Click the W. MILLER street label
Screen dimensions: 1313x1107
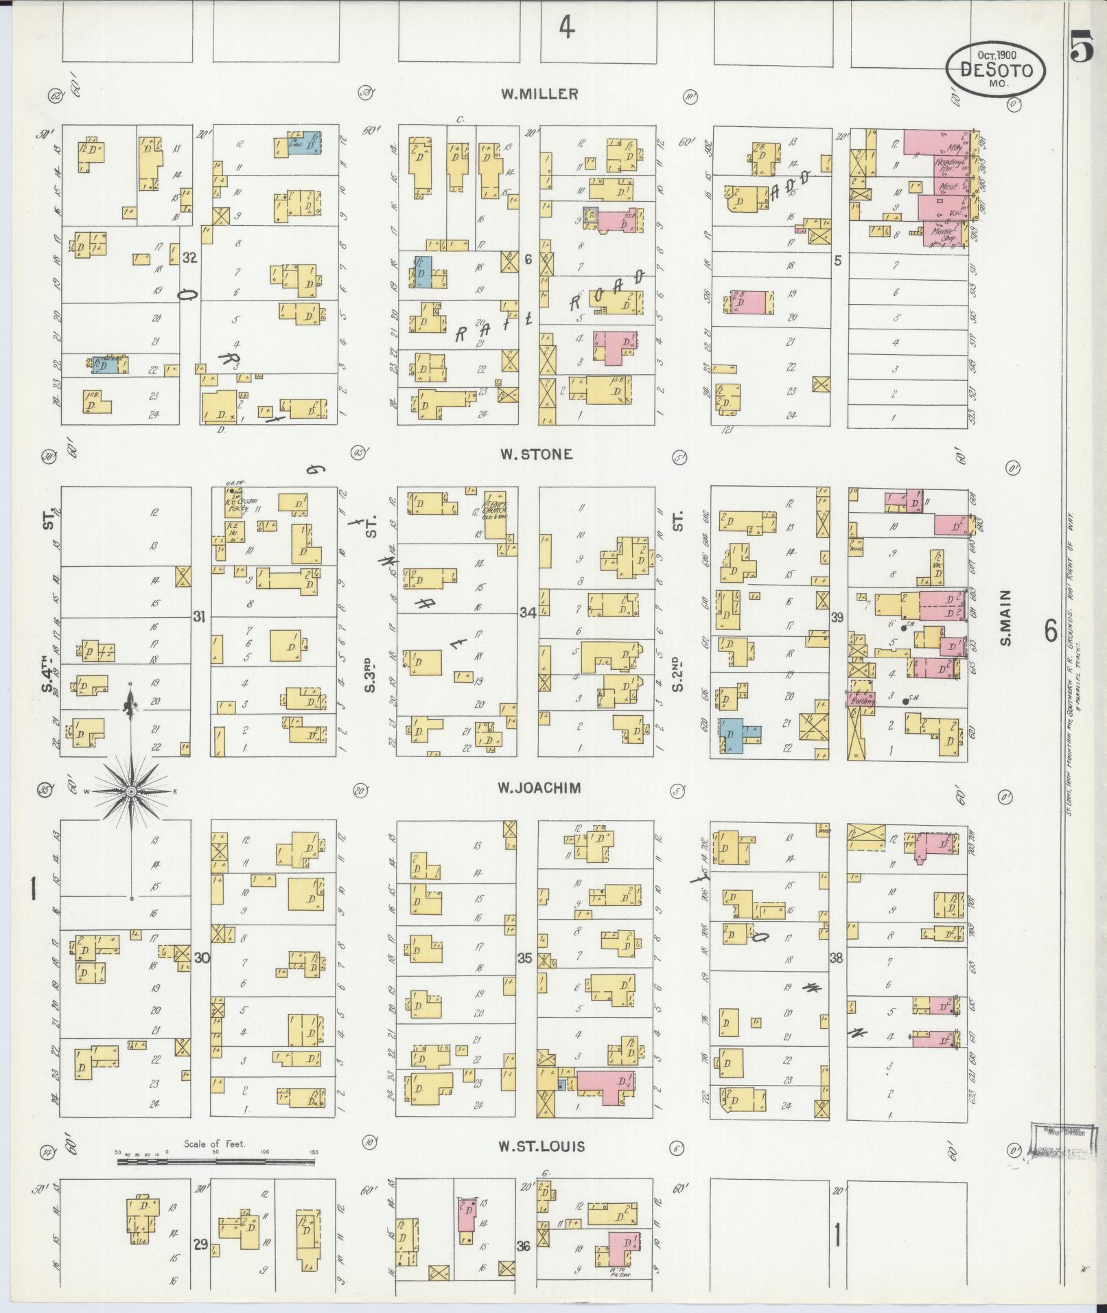539,95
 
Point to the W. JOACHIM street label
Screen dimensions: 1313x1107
539,788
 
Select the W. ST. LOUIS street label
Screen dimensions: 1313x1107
541,1146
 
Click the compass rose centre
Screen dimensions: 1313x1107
130,791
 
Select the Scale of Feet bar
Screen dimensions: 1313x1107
215,1162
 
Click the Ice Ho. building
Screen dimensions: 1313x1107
235,528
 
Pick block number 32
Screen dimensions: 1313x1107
190,258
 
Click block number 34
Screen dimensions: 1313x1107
527,613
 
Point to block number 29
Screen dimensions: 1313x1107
200,1244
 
